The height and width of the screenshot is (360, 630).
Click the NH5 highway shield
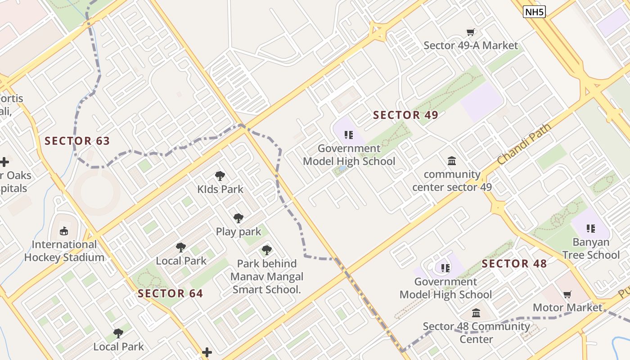point(534,12)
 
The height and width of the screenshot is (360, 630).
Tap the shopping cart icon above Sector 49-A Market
point(471,32)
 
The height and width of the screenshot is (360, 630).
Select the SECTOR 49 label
point(405,115)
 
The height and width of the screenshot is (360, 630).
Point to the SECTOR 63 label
point(77,141)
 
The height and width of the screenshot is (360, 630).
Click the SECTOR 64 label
point(170,294)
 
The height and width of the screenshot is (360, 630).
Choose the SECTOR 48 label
point(514,264)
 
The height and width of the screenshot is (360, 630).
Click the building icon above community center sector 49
point(452,161)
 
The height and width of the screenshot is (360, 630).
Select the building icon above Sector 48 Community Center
point(476,313)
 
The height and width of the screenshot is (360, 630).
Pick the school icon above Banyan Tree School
point(591,229)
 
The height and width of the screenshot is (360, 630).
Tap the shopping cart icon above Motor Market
point(567,295)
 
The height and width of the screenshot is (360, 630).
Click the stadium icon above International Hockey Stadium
point(64,231)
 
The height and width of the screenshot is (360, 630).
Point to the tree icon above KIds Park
point(220,175)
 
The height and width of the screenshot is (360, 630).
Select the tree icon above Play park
point(238,218)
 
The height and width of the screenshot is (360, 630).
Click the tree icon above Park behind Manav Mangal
point(267,250)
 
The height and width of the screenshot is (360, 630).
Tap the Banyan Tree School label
point(591,248)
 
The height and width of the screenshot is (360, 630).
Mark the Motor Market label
point(567,308)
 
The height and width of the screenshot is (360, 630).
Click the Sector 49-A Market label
point(471,45)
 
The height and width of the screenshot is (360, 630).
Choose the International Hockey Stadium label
point(64,251)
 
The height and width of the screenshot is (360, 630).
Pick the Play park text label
point(238,232)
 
